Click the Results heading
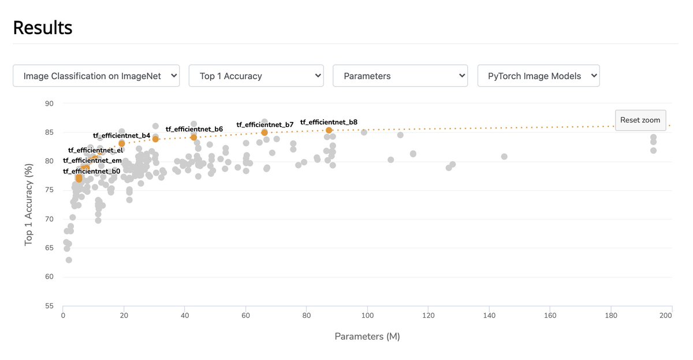43,27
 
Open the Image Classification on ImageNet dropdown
96,76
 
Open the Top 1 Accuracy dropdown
256,76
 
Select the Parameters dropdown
400,76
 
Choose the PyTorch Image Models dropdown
538,76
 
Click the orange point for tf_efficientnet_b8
329,130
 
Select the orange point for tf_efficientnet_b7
264,132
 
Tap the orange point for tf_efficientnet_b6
193,137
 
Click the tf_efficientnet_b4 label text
121,136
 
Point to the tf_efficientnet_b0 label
92,172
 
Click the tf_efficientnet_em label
92,161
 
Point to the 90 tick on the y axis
49,103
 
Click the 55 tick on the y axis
49,306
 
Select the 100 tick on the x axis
367,316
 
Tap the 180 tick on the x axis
611,316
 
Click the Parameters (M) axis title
367,336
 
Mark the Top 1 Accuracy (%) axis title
28,205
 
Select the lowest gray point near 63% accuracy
69,260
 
